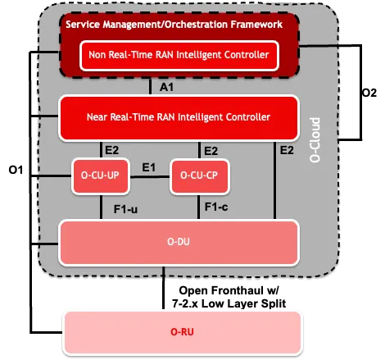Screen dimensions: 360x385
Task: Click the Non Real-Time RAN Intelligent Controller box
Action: tap(179, 55)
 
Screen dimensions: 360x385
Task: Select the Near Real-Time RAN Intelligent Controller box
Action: tap(179, 116)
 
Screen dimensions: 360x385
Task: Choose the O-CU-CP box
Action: tap(198, 176)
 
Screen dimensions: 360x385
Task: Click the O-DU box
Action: tap(179, 241)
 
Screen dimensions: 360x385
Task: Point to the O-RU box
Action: tap(179, 332)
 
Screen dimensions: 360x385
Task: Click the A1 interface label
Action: tap(164, 86)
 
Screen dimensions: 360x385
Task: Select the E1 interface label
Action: tap(149, 167)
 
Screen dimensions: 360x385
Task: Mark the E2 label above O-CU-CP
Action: tap(211, 150)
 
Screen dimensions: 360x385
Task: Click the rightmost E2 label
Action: tap(287, 150)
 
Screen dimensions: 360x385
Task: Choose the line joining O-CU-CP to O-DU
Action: tap(198, 207)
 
